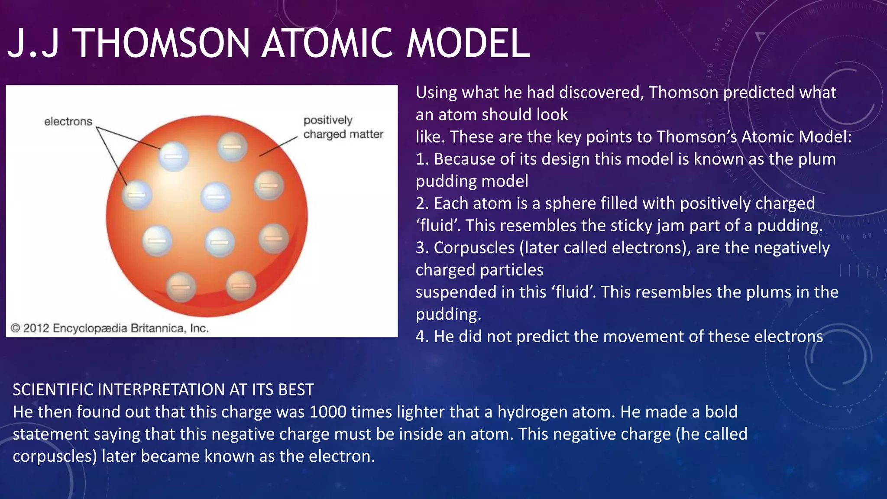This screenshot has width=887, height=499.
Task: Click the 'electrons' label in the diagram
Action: point(68,121)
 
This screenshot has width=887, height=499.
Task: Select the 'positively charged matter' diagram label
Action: point(343,127)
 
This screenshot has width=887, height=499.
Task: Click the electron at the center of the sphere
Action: point(216,197)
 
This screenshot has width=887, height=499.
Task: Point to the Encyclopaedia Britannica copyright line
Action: point(110,328)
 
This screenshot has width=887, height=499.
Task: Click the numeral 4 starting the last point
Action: point(420,337)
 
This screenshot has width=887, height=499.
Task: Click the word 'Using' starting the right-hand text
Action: point(436,93)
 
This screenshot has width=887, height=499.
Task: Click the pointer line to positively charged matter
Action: point(278,146)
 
